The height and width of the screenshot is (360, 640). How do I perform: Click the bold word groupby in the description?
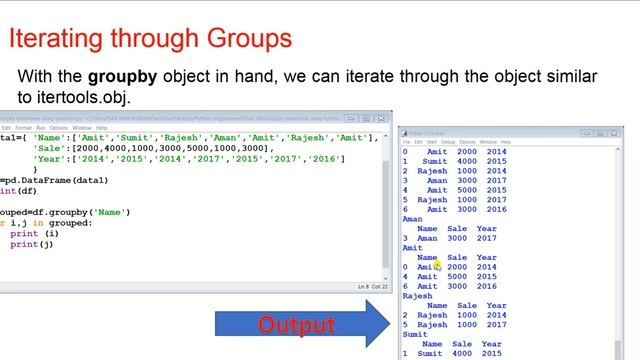click(121, 77)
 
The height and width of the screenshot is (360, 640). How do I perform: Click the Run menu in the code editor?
click(41, 128)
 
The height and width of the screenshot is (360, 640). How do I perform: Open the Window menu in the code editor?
click(82, 128)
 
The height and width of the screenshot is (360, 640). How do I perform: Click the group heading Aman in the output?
click(411, 219)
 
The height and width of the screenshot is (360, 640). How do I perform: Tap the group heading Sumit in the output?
click(414, 335)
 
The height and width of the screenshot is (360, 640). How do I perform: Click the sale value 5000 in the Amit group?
click(457, 277)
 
